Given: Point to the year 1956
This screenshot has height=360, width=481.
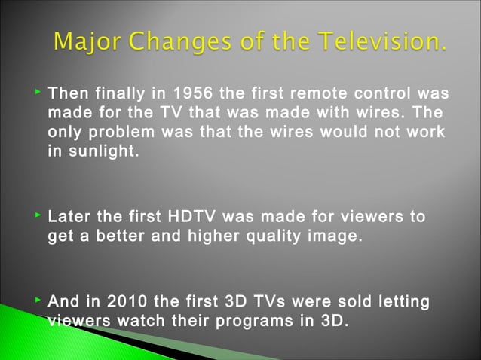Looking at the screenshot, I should [192, 94].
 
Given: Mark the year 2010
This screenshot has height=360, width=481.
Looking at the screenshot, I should [127, 303].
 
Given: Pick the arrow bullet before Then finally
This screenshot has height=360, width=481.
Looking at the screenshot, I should [38, 93].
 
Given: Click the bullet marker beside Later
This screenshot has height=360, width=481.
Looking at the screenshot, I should [38, 217].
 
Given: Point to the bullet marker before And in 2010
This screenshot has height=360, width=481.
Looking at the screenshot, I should [38, 302].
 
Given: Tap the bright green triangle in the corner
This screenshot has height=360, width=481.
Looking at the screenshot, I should [30, 331].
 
